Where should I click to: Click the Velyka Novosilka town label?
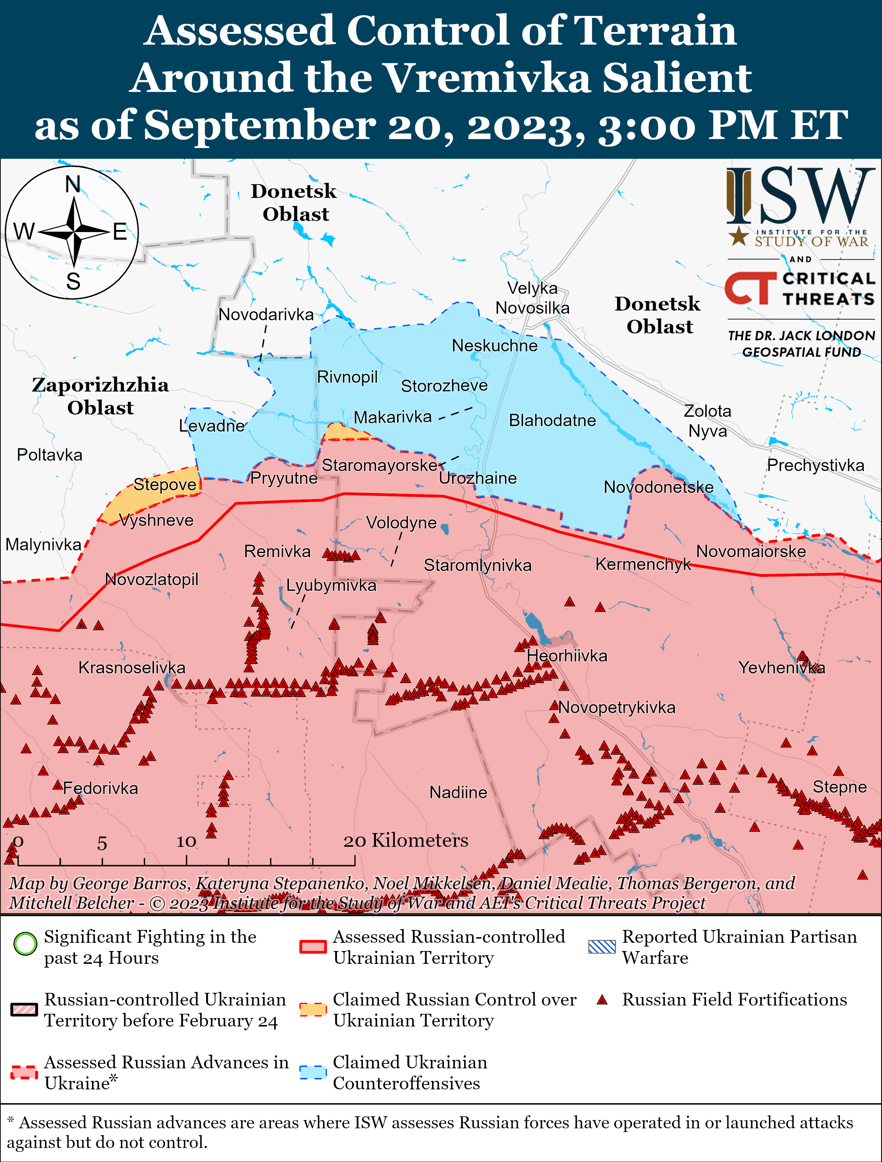532,298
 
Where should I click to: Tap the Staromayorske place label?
379,465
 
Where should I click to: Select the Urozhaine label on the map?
478,478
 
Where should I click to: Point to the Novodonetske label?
658,487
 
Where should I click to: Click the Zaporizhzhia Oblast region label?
100,396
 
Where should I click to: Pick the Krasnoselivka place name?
132,668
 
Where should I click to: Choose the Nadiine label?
458,792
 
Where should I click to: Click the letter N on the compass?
73,184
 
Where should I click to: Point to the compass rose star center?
74,231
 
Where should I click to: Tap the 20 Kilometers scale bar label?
405,840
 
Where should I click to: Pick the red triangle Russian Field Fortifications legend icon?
602,1000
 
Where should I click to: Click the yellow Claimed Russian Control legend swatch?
313,1009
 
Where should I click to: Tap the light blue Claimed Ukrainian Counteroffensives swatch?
313,1072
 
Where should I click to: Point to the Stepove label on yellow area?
164,484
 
